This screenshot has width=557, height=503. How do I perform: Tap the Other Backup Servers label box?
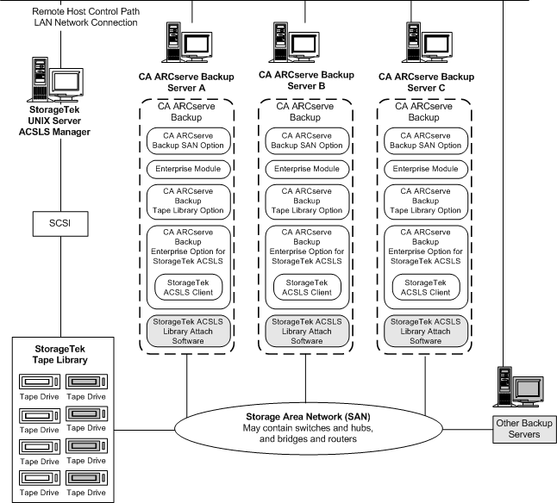(x=523, y=427)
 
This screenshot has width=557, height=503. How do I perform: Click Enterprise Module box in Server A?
(x=187, y=168)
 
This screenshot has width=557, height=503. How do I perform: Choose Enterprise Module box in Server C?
(x=425, y=168)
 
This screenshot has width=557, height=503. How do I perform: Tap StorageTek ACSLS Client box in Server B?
(x=306, y=288)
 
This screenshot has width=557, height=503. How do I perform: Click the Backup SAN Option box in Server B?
(x=306, y=139)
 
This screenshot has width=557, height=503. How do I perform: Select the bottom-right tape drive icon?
(x=87, y=481)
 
